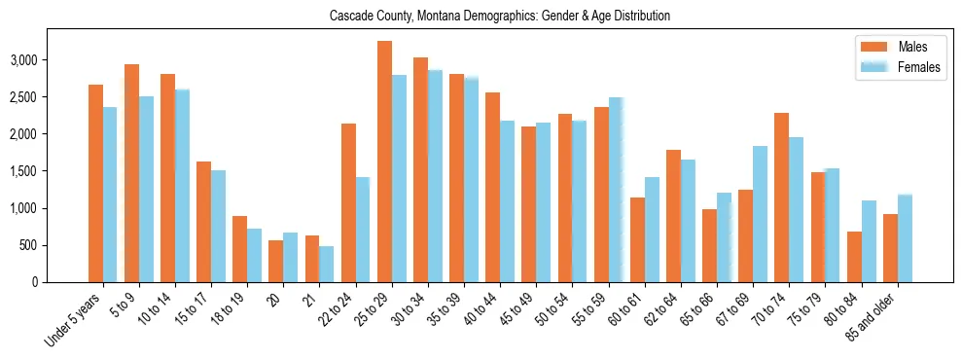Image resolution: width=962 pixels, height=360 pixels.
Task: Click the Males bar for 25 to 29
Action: (x=384, y=162)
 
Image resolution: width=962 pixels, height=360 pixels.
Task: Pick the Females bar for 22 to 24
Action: (x=363, y=230)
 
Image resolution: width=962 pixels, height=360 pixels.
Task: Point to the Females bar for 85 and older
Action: (x=905, y=238)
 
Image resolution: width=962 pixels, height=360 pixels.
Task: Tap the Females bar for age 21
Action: (x=327, y=264)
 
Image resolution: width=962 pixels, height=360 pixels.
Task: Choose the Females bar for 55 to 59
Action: (x=616, y=190)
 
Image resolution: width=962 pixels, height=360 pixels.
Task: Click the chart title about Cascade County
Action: (x=500, y=17)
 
